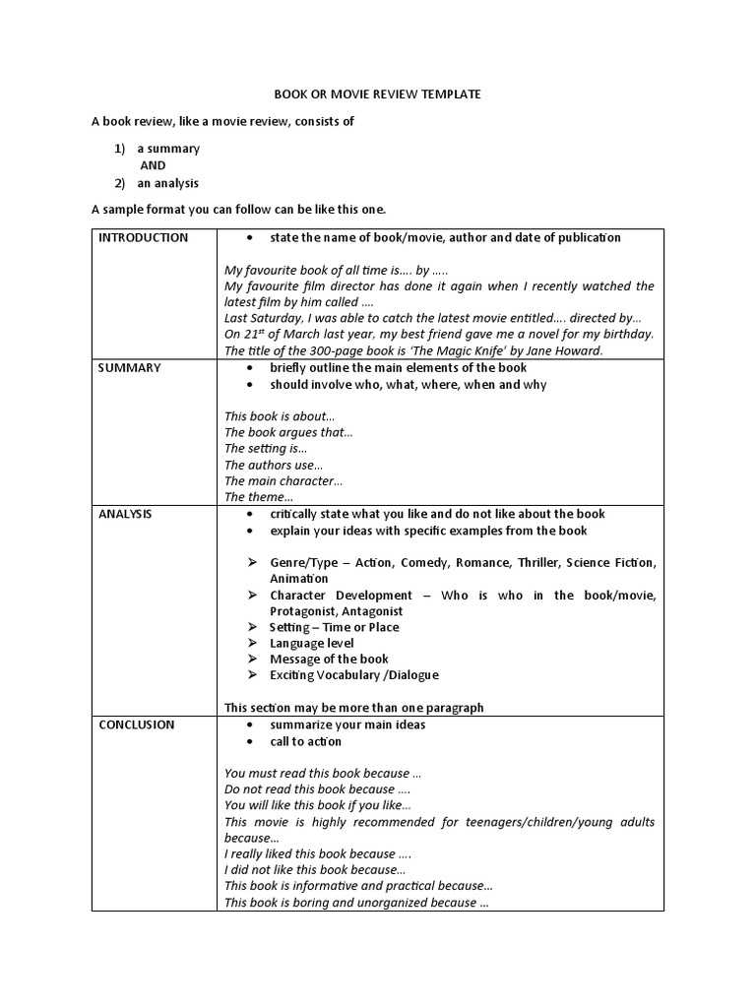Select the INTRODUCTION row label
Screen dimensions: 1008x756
(143, 237)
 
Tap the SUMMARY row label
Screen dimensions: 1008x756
(129, 367)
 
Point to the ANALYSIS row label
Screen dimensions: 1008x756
(126, 514)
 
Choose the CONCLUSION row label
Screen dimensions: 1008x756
(137, 724)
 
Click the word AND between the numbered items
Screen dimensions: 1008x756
(153, 165)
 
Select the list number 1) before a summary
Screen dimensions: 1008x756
(119, 149)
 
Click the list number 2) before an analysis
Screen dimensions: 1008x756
(119, 183)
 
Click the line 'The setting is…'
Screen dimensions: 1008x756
(266, 449)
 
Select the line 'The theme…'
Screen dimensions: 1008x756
(259, 497)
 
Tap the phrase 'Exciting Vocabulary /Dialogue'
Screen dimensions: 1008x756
(354, 675)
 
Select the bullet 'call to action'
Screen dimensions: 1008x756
(306, 741)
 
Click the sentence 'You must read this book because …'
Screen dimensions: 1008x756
(323, 774)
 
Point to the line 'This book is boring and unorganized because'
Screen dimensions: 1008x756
(356, 903)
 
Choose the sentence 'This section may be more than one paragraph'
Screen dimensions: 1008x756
(354, 708)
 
